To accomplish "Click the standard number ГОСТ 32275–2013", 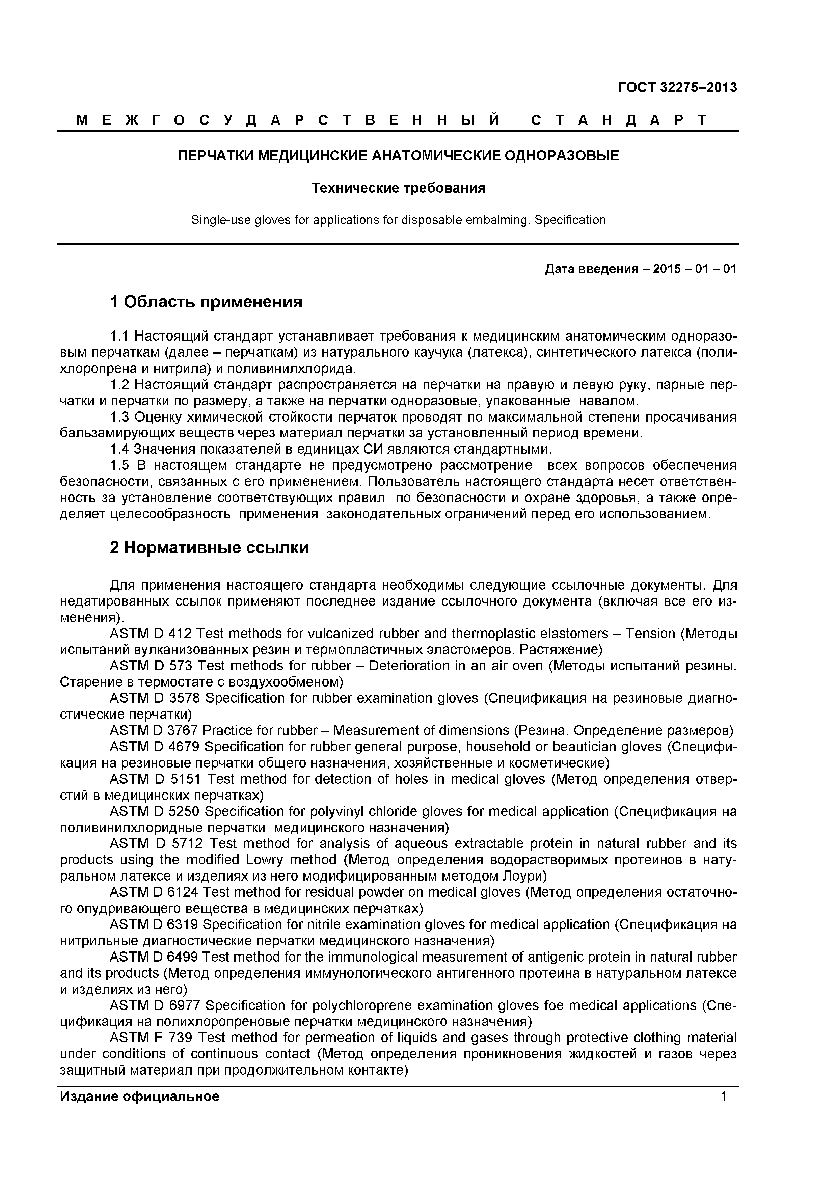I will [x=677, y=88].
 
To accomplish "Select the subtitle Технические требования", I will [x=398, y=188].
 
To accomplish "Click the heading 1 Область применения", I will [x=206, y=302].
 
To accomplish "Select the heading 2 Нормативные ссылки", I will [x=209, y=548].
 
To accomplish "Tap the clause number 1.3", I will [x=120, y=417].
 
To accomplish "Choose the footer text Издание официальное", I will [x=139, y=1096].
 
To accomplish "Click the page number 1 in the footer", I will [x=724, y=1096].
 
